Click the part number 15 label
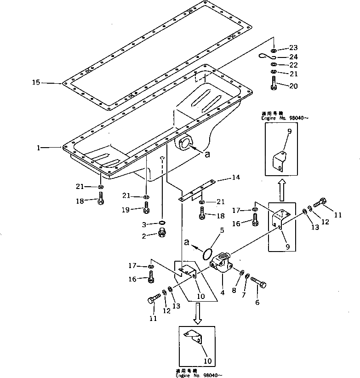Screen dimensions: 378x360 [x=36, y=83]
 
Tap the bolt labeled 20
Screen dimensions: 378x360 [x=274, y=84]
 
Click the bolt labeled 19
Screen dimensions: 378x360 [x=146, y=209]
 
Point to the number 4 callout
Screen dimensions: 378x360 [x=222, y=291]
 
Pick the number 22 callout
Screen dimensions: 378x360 [x=294, y=65]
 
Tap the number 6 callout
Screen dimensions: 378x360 [x=257, y=302]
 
